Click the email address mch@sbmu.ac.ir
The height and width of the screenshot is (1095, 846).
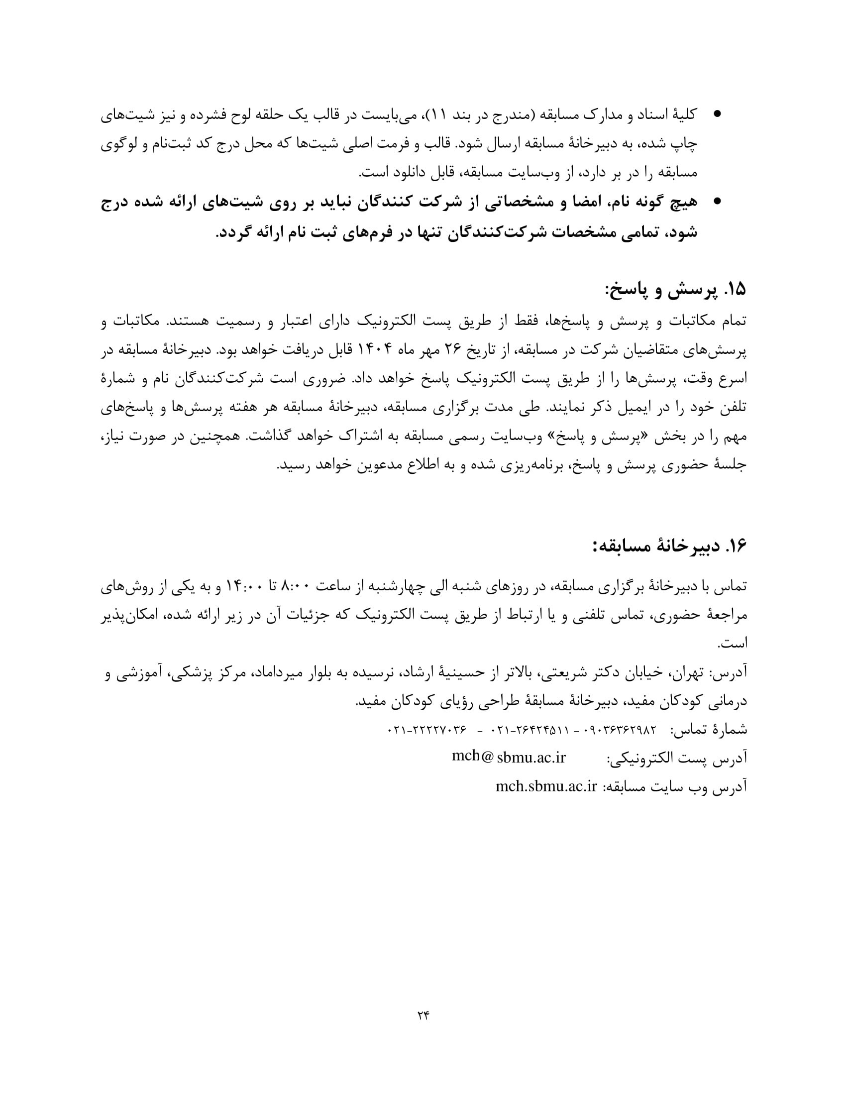(508, 757)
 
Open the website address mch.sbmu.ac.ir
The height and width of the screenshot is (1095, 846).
(546, 786)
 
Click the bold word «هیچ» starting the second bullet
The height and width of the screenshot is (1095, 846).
(684, 202)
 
